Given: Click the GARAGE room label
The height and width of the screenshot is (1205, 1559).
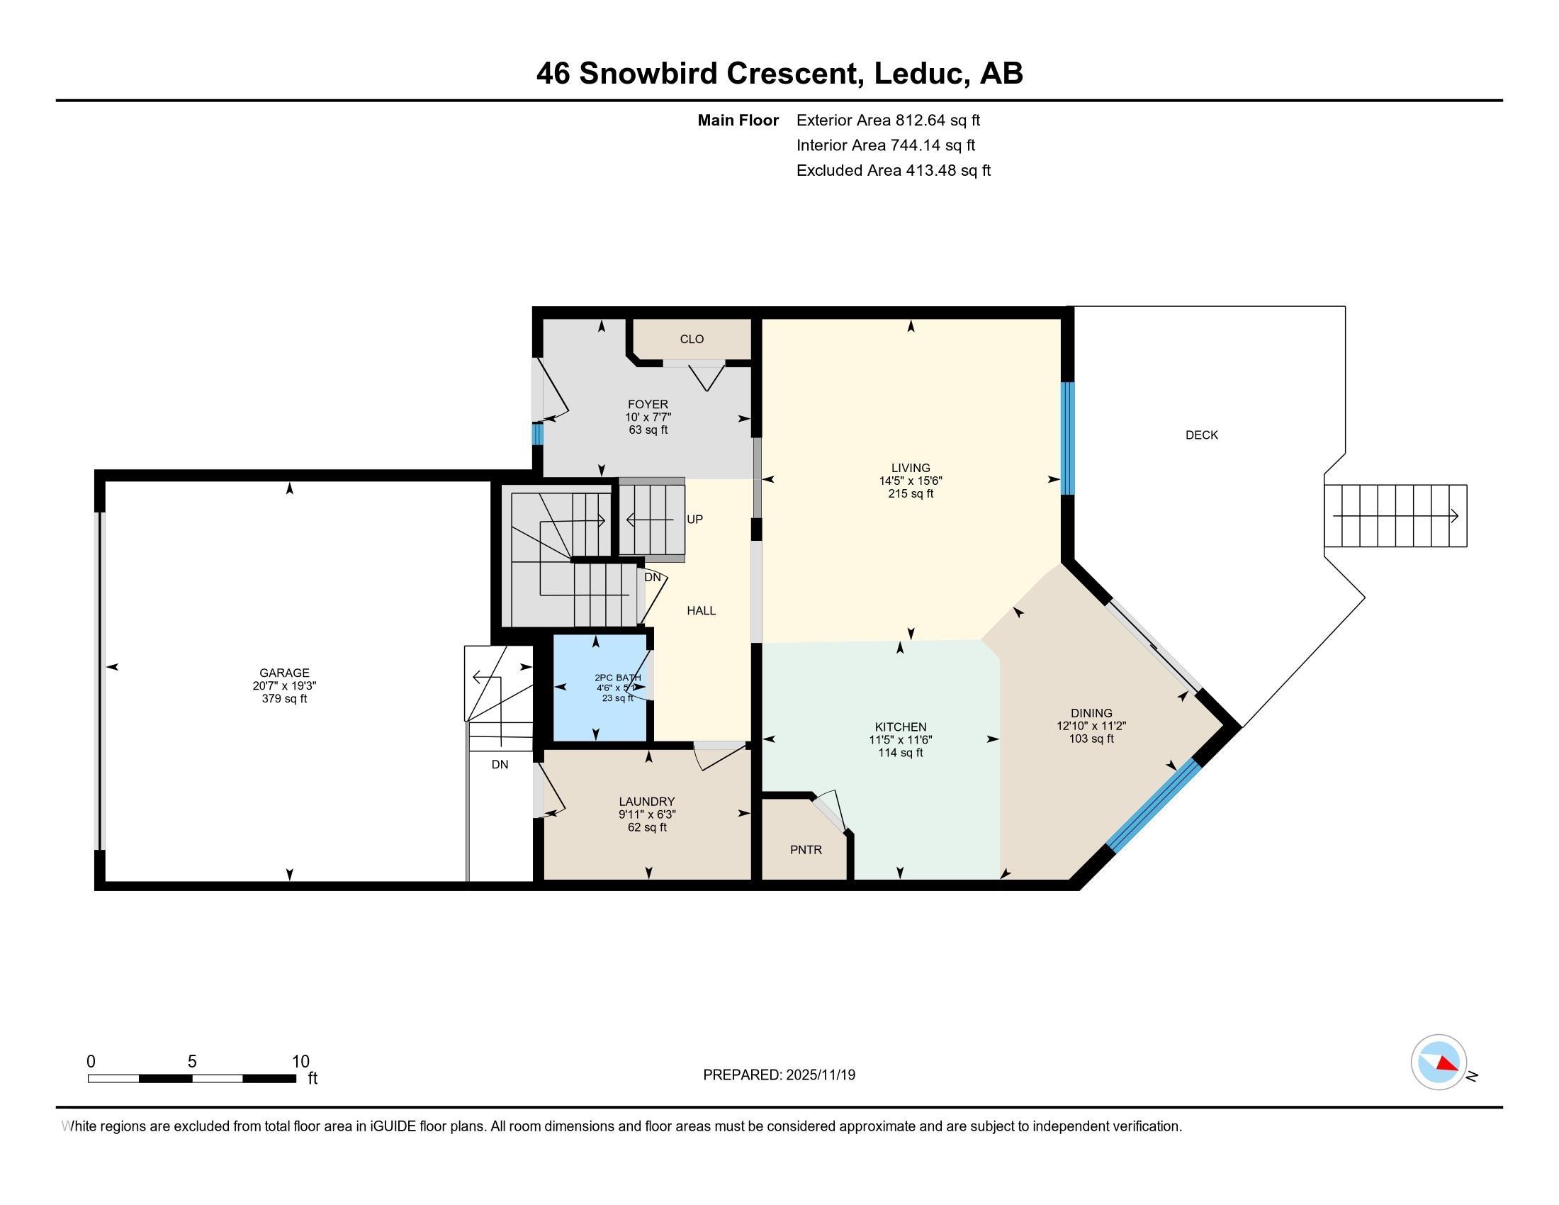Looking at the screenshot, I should (284, 673).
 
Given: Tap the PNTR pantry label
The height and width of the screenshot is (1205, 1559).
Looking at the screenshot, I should (806, 849).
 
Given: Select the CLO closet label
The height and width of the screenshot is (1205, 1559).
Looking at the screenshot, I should (691, 339).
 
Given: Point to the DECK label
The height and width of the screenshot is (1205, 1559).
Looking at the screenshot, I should (1201, 435).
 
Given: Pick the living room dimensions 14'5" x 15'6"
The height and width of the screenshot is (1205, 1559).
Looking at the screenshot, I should (910, 481).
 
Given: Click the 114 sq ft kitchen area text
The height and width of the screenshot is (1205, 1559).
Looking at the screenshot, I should (900, 752).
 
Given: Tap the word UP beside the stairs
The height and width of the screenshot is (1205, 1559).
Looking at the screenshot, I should (694, 519).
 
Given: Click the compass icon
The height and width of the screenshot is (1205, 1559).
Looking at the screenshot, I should (1439, 1063).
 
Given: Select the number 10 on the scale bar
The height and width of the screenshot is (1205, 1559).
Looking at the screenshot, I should (300, 1061).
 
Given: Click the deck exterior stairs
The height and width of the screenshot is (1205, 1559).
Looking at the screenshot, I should (1395, 516).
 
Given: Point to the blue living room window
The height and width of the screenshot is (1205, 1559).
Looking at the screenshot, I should (1067, 438).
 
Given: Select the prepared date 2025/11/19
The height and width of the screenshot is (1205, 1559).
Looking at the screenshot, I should (819, 1075).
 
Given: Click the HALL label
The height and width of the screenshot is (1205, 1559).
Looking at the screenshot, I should (701, 610).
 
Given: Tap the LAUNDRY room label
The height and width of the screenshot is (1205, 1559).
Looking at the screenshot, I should (647, 802).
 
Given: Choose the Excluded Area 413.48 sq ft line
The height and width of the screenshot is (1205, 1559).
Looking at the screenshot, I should (893, 170).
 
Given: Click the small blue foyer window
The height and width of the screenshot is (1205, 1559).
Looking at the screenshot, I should (537, 434).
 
